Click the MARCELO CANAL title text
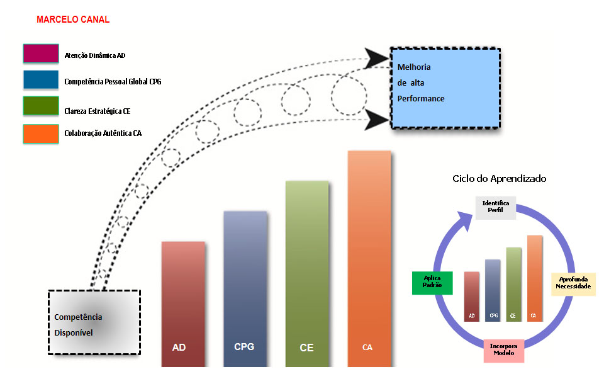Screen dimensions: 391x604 coord(73,20)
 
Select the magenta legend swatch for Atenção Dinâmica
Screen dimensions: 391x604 coord(41,54)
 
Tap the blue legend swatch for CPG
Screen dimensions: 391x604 coord(41,81)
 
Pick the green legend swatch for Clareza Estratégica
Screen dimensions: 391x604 coord(41,106)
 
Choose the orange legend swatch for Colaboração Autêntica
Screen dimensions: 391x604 coord(41,134)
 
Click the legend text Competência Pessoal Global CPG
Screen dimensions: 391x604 coord(113,82)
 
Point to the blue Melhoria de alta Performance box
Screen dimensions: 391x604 coord(445,88)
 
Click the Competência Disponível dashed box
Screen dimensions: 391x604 coord(94,322)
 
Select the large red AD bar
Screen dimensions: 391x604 coord(183,302)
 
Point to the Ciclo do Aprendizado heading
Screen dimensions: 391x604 coord(500,179)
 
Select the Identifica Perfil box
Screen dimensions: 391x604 coord(496,208)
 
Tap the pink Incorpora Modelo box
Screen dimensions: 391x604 coord(504,349)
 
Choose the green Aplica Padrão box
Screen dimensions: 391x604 coord(433,283)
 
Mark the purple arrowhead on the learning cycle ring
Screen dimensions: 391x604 coord(466,220)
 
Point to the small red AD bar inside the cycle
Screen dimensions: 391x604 coord(471,296)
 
